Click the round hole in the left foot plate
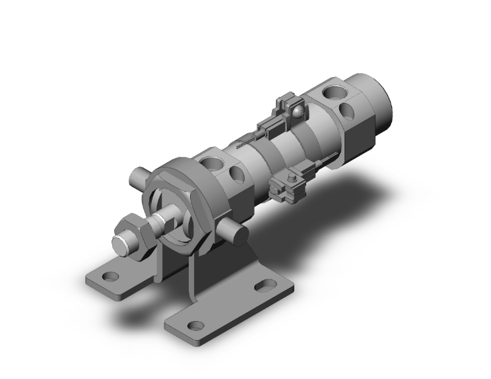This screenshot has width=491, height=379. (x=110, y=276)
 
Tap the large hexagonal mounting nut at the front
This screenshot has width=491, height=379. (x=177, y=204)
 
